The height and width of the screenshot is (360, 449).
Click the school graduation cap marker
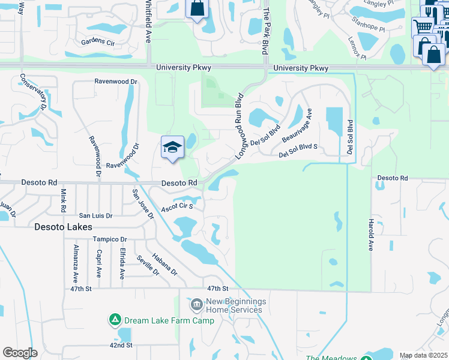[x=172, y=148]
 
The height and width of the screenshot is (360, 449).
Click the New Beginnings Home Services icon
[x=196, y=306]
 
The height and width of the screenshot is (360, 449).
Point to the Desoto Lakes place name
[x=63, y=227]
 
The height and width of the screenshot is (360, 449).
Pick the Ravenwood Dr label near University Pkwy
[x=116, y=81]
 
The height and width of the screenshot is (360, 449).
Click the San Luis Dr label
[x=97, y=215]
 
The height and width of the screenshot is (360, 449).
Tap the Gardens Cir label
[x=98, y=43]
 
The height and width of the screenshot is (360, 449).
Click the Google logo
[x=20, y=352]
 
